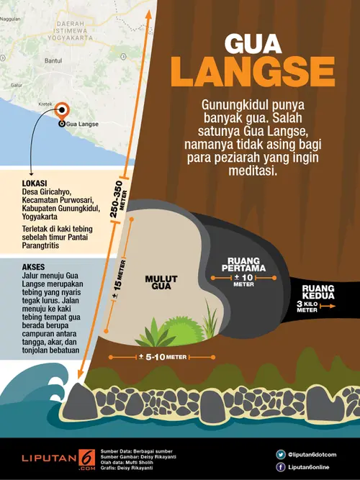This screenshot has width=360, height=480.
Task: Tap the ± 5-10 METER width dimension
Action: (x=162, y=356)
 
